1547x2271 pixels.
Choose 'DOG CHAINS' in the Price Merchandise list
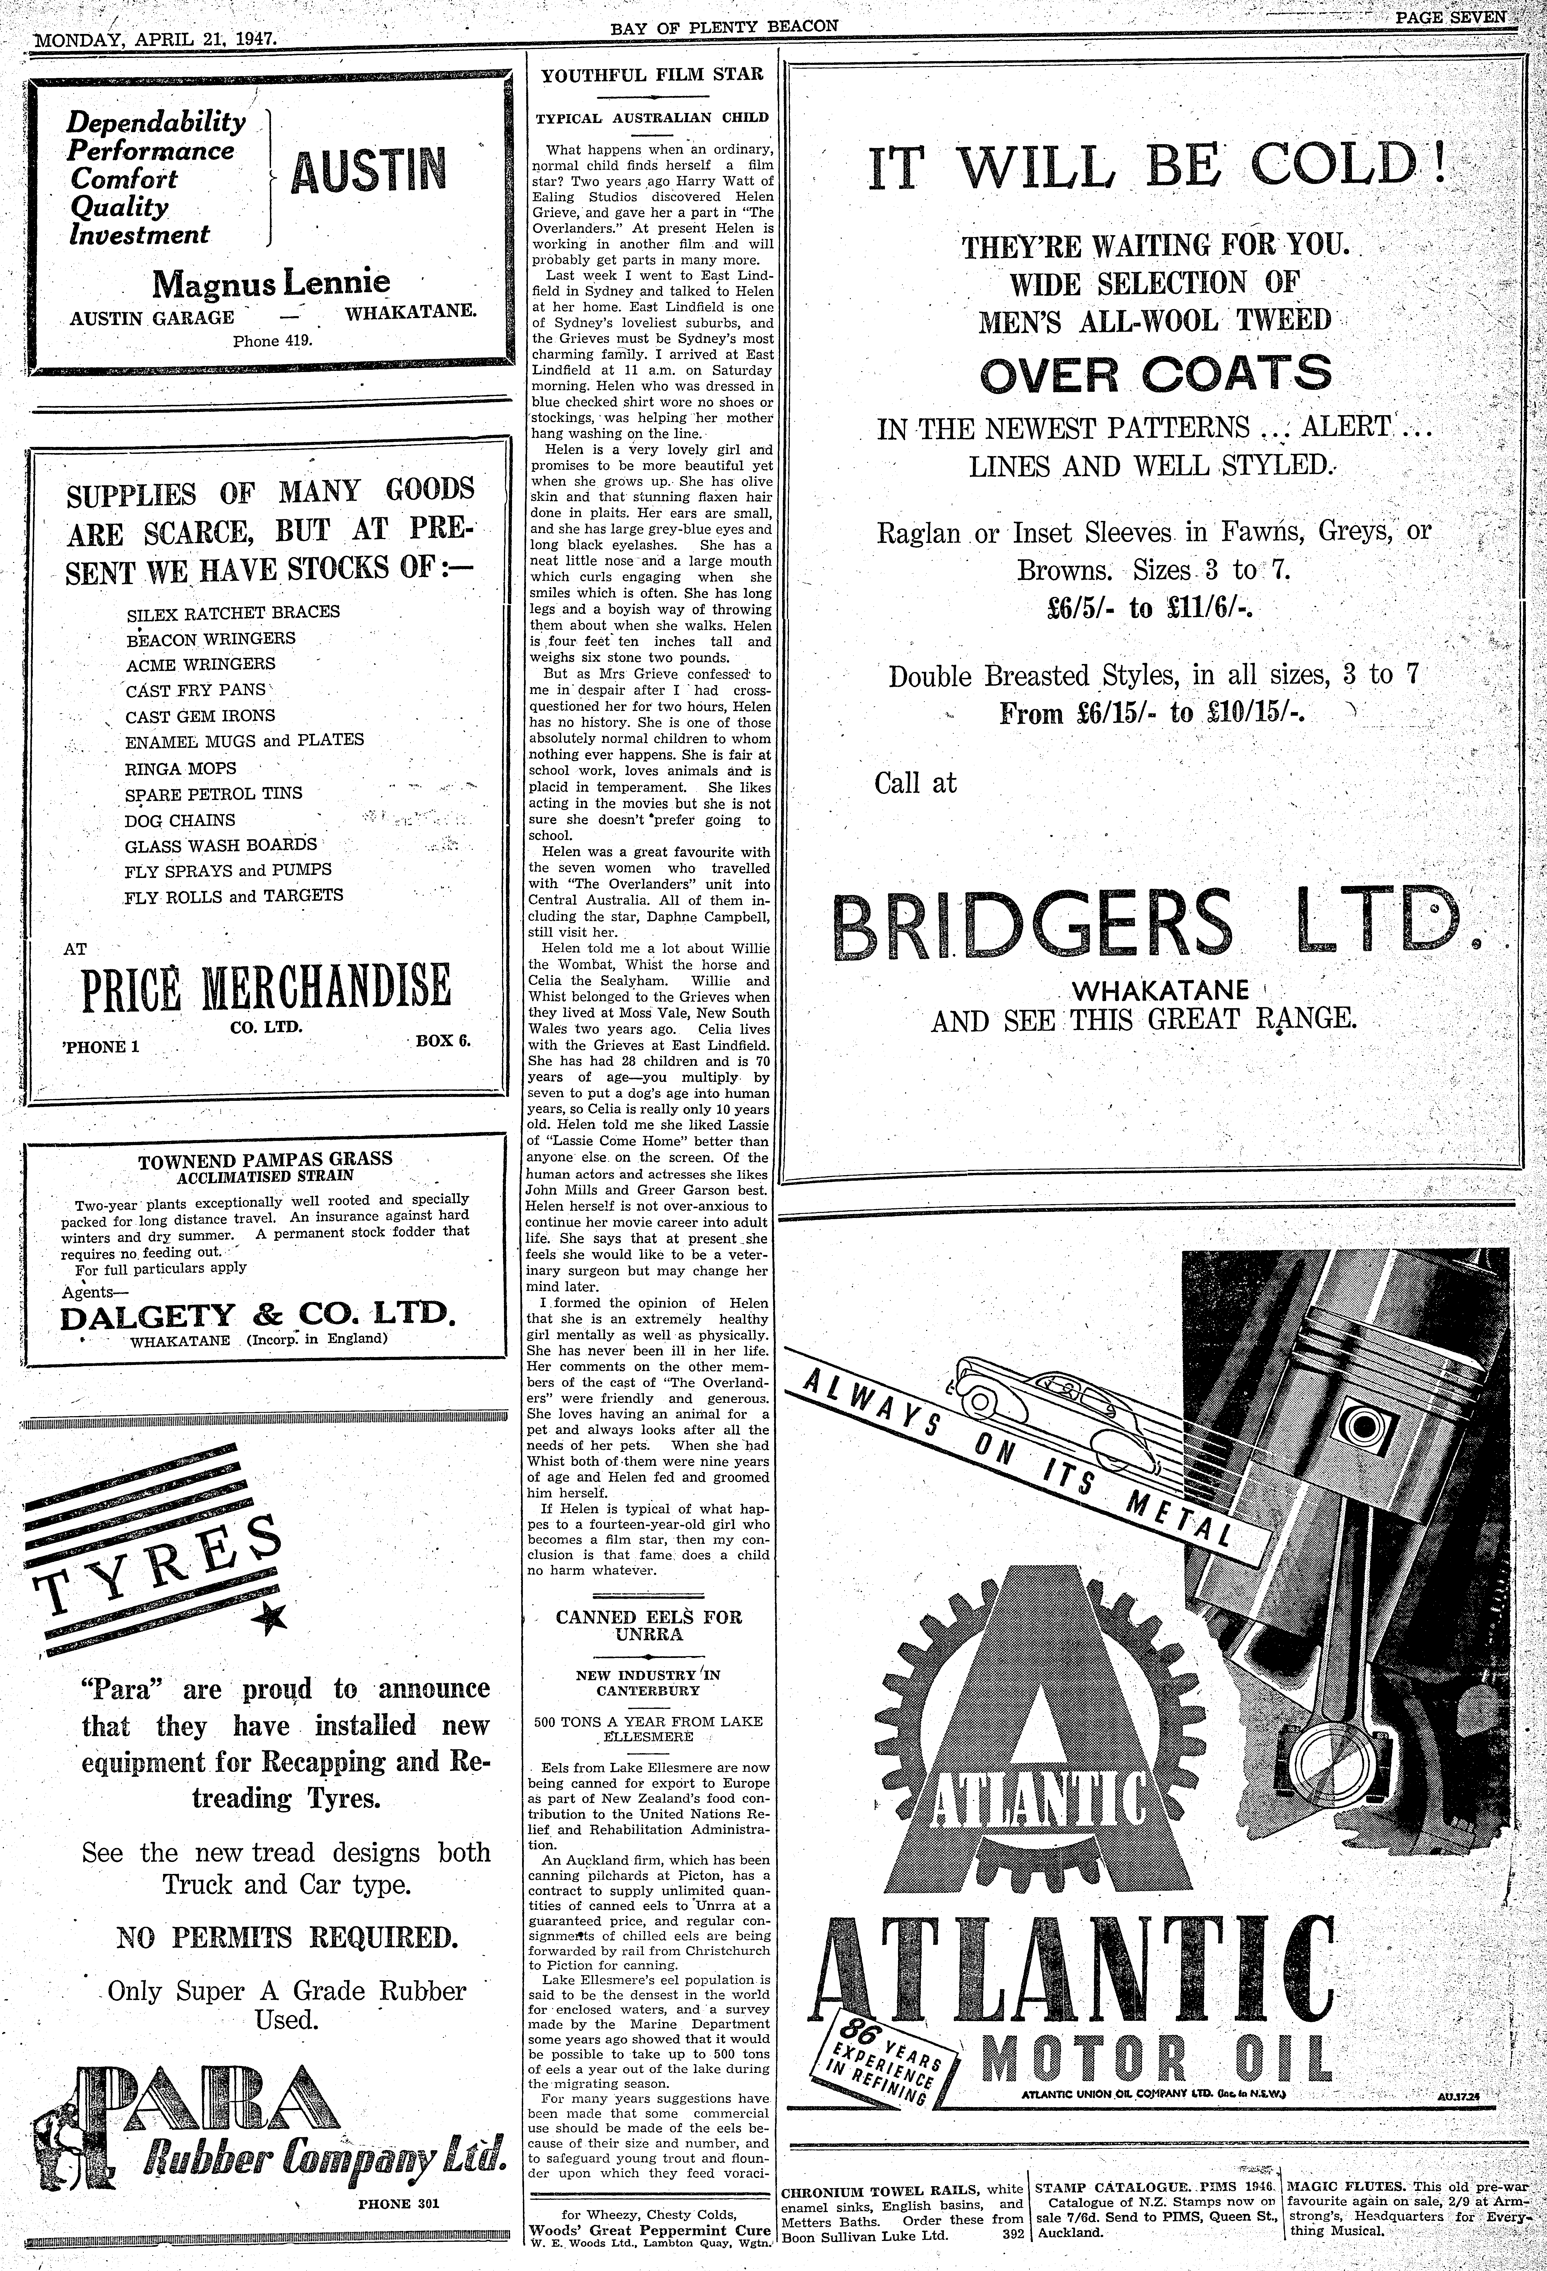(x=180, y=820)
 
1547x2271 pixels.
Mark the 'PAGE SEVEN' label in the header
(x=1450, y=18)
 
